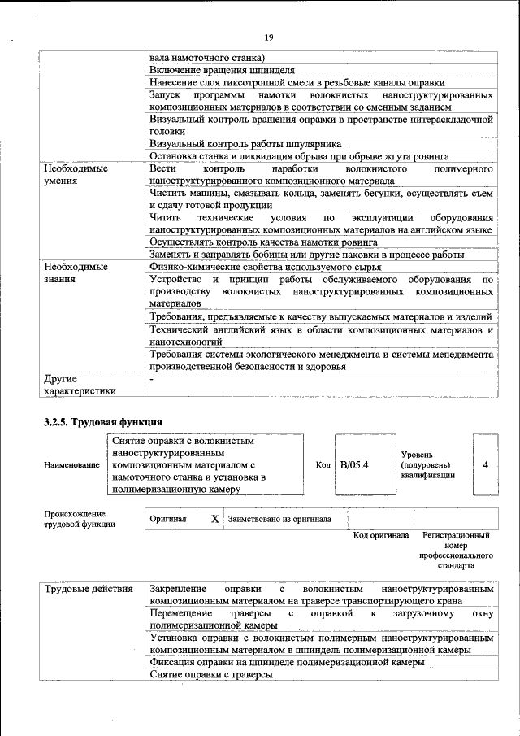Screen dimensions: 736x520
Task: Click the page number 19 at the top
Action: click(x=268, y=37)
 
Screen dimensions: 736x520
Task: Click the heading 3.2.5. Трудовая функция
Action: click(x=103, y=422)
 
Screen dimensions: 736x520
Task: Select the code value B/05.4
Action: click(x=354, y=465)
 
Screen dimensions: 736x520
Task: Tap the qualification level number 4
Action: click(x=485, y=465)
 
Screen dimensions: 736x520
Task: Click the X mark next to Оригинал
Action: click(x=214, y=518)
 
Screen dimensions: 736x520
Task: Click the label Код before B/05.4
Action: click(x=323, y=465)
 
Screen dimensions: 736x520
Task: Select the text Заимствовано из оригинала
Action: click(x=279, y=518)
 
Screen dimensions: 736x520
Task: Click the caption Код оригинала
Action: click(x=380, y=536)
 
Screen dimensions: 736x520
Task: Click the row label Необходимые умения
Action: click(x=76, y=174)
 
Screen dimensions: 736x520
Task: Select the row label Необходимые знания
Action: click(x=76, y=272)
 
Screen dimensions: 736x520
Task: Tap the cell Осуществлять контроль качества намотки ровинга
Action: click(x=263, y=242)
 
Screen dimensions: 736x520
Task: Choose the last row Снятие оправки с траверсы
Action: click(x=211, y=676)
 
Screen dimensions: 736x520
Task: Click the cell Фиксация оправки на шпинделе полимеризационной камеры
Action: click(x=287, y=663)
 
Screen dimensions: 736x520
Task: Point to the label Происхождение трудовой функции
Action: click(x=75, y=519)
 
